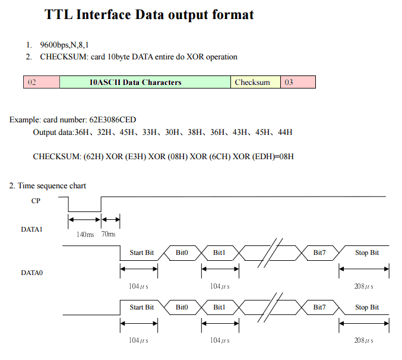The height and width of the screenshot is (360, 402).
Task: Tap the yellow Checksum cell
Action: point(255,82)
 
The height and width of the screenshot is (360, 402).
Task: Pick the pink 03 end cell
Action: point(297,82)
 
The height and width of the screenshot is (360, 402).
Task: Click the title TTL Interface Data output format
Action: point(150,15)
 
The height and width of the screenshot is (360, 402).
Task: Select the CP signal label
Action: point(36,201)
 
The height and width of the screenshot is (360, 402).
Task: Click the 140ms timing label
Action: point(85,234)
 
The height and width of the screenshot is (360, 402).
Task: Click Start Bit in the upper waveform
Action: point(141,253)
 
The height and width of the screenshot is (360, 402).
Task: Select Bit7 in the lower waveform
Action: point(319,307)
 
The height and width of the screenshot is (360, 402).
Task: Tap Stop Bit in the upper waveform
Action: point(366,253)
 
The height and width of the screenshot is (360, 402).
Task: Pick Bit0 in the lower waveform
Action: point(182,307)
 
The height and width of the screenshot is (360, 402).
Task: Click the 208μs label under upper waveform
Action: point(363,286)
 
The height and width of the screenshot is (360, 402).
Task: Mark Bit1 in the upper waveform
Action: point(219,253)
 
